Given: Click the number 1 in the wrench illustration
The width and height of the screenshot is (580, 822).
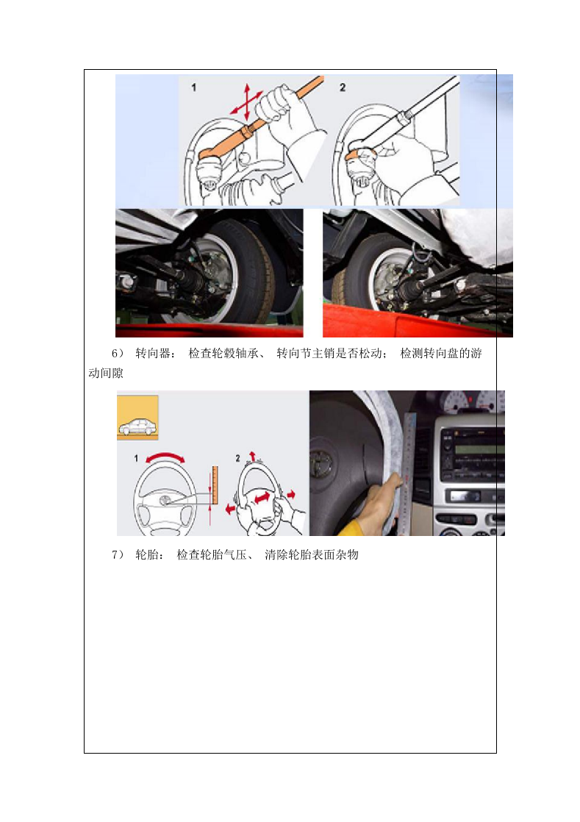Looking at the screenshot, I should (194, 87).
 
